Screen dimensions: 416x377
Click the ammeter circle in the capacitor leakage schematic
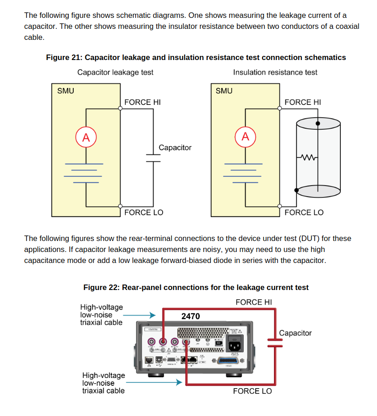click(86, 137)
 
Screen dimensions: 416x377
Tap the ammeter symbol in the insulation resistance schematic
click(246, 137)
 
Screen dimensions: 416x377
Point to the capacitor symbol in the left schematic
click(153, 158)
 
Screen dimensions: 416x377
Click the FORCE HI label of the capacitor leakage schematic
click(142, 102)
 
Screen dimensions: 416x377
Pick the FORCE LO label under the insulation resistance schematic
click(304, 213)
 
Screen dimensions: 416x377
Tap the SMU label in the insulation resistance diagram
click(224, 91)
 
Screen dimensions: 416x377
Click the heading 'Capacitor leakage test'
click(115, 72)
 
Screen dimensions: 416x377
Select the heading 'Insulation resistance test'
click(275, 72)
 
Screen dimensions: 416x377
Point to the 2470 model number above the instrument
click(191, 316)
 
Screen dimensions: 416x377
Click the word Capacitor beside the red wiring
click(295, 333)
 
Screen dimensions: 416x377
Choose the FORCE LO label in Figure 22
click(252, 391)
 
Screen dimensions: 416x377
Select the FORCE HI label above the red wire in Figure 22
click(254, 302)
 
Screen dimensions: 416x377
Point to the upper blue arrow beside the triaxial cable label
click(140, 315)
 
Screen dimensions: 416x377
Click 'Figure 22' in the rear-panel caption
click(100, 288)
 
